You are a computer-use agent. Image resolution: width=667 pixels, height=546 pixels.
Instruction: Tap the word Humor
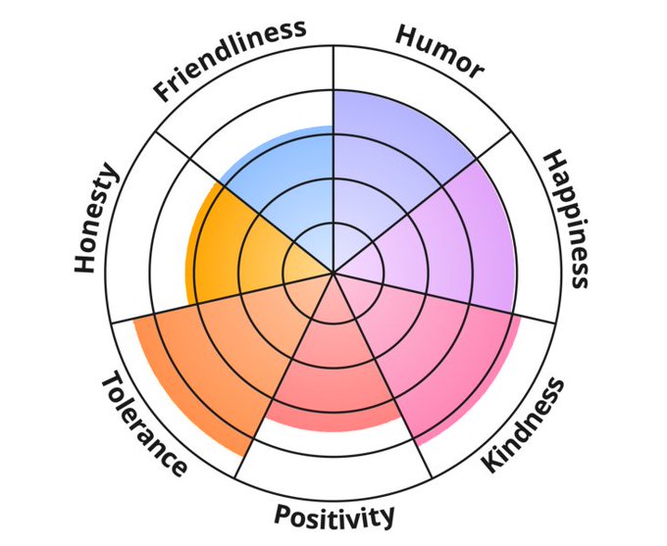point(439,49)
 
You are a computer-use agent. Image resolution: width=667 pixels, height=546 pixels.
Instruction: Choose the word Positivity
point(334,516)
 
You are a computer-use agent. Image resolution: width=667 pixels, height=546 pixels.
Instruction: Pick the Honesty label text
point(96,220)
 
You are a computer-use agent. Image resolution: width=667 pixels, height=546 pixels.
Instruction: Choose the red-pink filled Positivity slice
point(333,372)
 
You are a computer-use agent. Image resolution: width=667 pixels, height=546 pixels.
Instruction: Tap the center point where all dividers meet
point(333,273)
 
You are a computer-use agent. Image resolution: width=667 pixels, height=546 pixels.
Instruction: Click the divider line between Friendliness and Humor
point(333,98)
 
